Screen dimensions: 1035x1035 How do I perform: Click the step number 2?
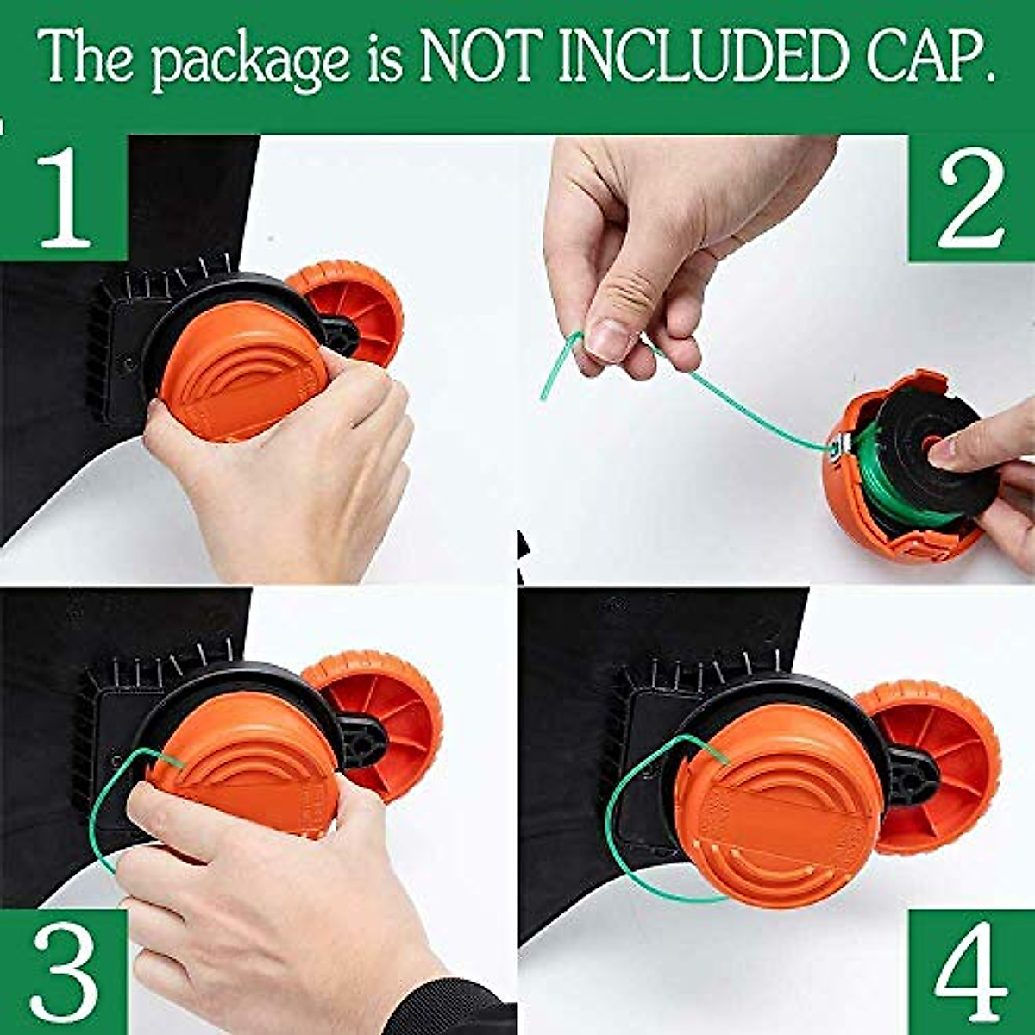pyautogui.click(x=970, y=200)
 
